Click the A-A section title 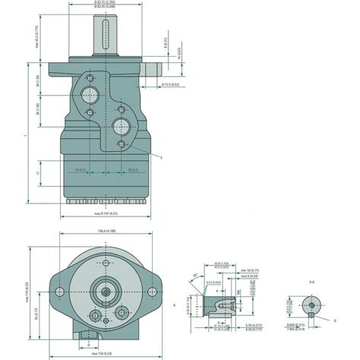[x=311, y=281]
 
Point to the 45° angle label [x=199, y=279]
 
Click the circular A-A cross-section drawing [x=310, y=307]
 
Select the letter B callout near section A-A [x=335, y=321]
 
